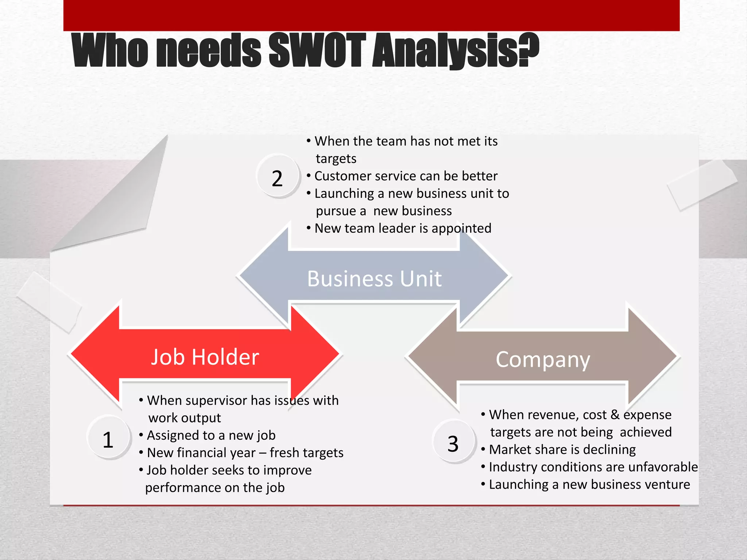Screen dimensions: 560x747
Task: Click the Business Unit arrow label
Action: coord(374,279)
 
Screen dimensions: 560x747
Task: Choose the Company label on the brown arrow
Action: coord(543,359)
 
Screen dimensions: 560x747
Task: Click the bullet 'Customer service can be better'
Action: coord(406,176)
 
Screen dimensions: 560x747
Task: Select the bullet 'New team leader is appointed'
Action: coord(403,228)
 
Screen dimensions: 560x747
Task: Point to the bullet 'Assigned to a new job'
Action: coord(211,435)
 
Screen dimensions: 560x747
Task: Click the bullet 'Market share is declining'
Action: coord(562,450)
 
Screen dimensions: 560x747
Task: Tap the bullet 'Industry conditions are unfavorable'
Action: coord(593,467)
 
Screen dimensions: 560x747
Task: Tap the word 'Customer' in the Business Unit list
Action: coord(342,176)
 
